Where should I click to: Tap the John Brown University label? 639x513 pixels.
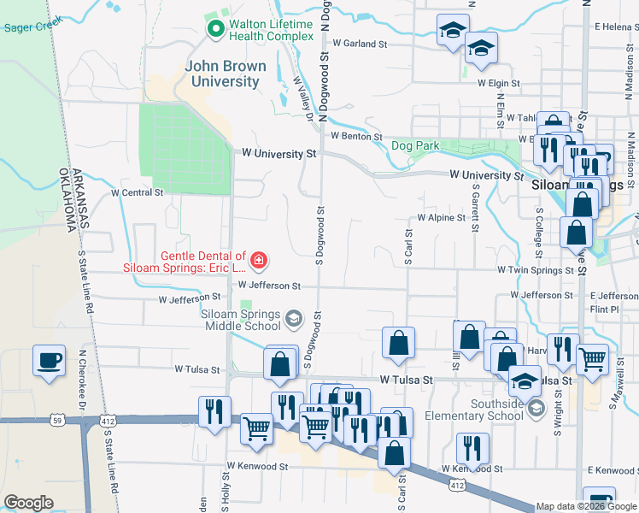pos(226,74)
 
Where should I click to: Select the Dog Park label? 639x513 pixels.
pos(415,146)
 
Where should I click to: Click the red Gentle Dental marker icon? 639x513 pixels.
pos(258,259)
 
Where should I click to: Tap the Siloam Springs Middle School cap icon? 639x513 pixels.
pos(294,319)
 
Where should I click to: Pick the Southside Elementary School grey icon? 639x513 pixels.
pos(536,409)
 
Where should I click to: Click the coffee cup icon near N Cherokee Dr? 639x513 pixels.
pos(50,359)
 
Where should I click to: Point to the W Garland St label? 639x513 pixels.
pos(361,43)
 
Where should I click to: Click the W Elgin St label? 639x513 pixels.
pos(499,83)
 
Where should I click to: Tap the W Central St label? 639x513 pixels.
pos(137,193)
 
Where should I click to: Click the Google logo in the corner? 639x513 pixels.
pos(28,503)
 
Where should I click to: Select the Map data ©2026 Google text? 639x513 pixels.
pos(586,506)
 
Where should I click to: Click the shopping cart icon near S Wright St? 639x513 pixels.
pos(591,358)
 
